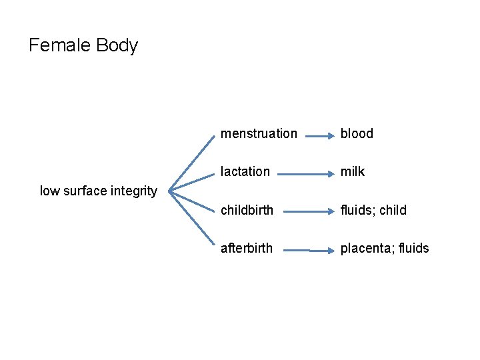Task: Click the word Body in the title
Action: point(117,45)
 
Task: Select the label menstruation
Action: point(259,133)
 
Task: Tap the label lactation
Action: point(245,171)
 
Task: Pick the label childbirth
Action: point(247,210)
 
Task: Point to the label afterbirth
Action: point(247,248)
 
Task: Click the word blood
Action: point(357,133)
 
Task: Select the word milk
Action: point(353,171)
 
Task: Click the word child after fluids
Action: point(393,210)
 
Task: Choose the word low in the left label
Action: point(49,191)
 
